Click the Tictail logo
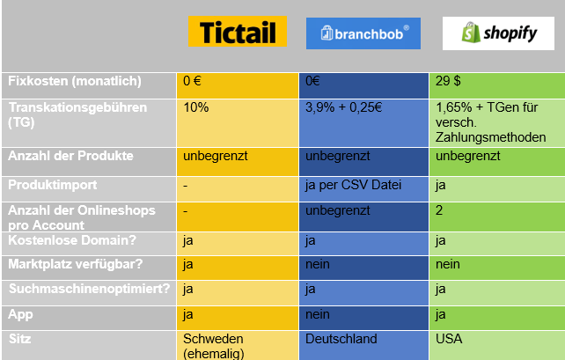pyautogui.click(x=238, y=32)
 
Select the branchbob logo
pyautogui.click(x=363, y=33)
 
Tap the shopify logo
pyautogui.click(x=498, y=33)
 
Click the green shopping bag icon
pyautogui.click(x=471, y=33)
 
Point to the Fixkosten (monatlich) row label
pyautogui.click(x=75, y=81)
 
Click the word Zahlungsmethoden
pyautogui.click(x=490, y=137)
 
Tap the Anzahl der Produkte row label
pyautogui.click(x=70, y=156)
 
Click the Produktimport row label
pyautogui.click(x=53, y=185)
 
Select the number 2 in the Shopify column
pyautogui.click(x=439, y=210)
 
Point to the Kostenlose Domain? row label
pyautogui.click(x=72, y=240)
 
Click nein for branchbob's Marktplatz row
pyautogui.click(x=318, y=264)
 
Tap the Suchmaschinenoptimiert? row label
pyautogui.click(x=89, y=289)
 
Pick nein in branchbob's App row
pyautogui.click(x=318, y=314)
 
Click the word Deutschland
pyautogui.click(x=341, y=339)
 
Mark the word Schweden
pyautogui.click(x=213, y=339)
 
